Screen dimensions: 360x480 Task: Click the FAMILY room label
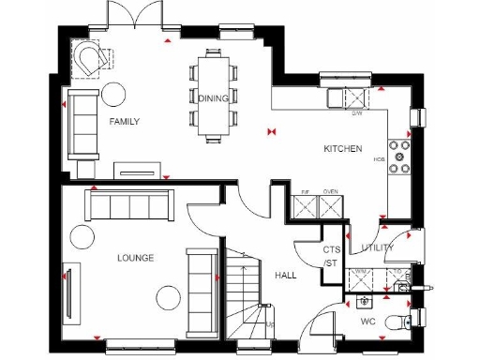coord(125,122)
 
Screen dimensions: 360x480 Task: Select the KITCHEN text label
coord(342,149)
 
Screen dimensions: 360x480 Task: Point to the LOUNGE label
coord(135,257)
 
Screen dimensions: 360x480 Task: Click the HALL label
coord(286,276)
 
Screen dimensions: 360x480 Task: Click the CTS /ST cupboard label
coord(330,257)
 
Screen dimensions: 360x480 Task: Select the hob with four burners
coord(402,157)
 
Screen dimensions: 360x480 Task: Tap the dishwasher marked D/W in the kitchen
coord(357,98)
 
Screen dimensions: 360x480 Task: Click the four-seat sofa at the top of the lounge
coord(130,205)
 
